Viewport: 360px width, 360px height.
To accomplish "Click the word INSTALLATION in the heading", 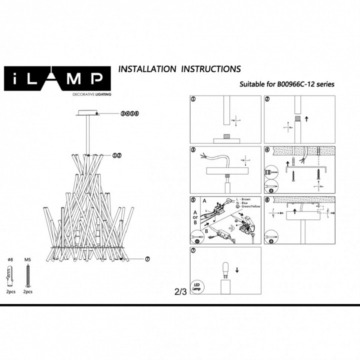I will coord(147,69).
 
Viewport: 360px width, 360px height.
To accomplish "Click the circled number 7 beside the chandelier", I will coord(147,259).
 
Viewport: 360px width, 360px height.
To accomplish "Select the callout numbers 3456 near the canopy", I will coord(129,114).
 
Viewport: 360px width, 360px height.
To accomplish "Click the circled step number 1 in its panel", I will coord(193,99).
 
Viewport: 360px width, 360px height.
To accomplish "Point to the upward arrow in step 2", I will coord(306,119).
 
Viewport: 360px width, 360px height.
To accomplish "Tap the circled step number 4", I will coord(267,149).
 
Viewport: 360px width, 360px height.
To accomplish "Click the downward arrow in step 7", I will coord(236,270).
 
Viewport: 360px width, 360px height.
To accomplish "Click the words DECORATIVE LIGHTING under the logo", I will coord(92,94).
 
